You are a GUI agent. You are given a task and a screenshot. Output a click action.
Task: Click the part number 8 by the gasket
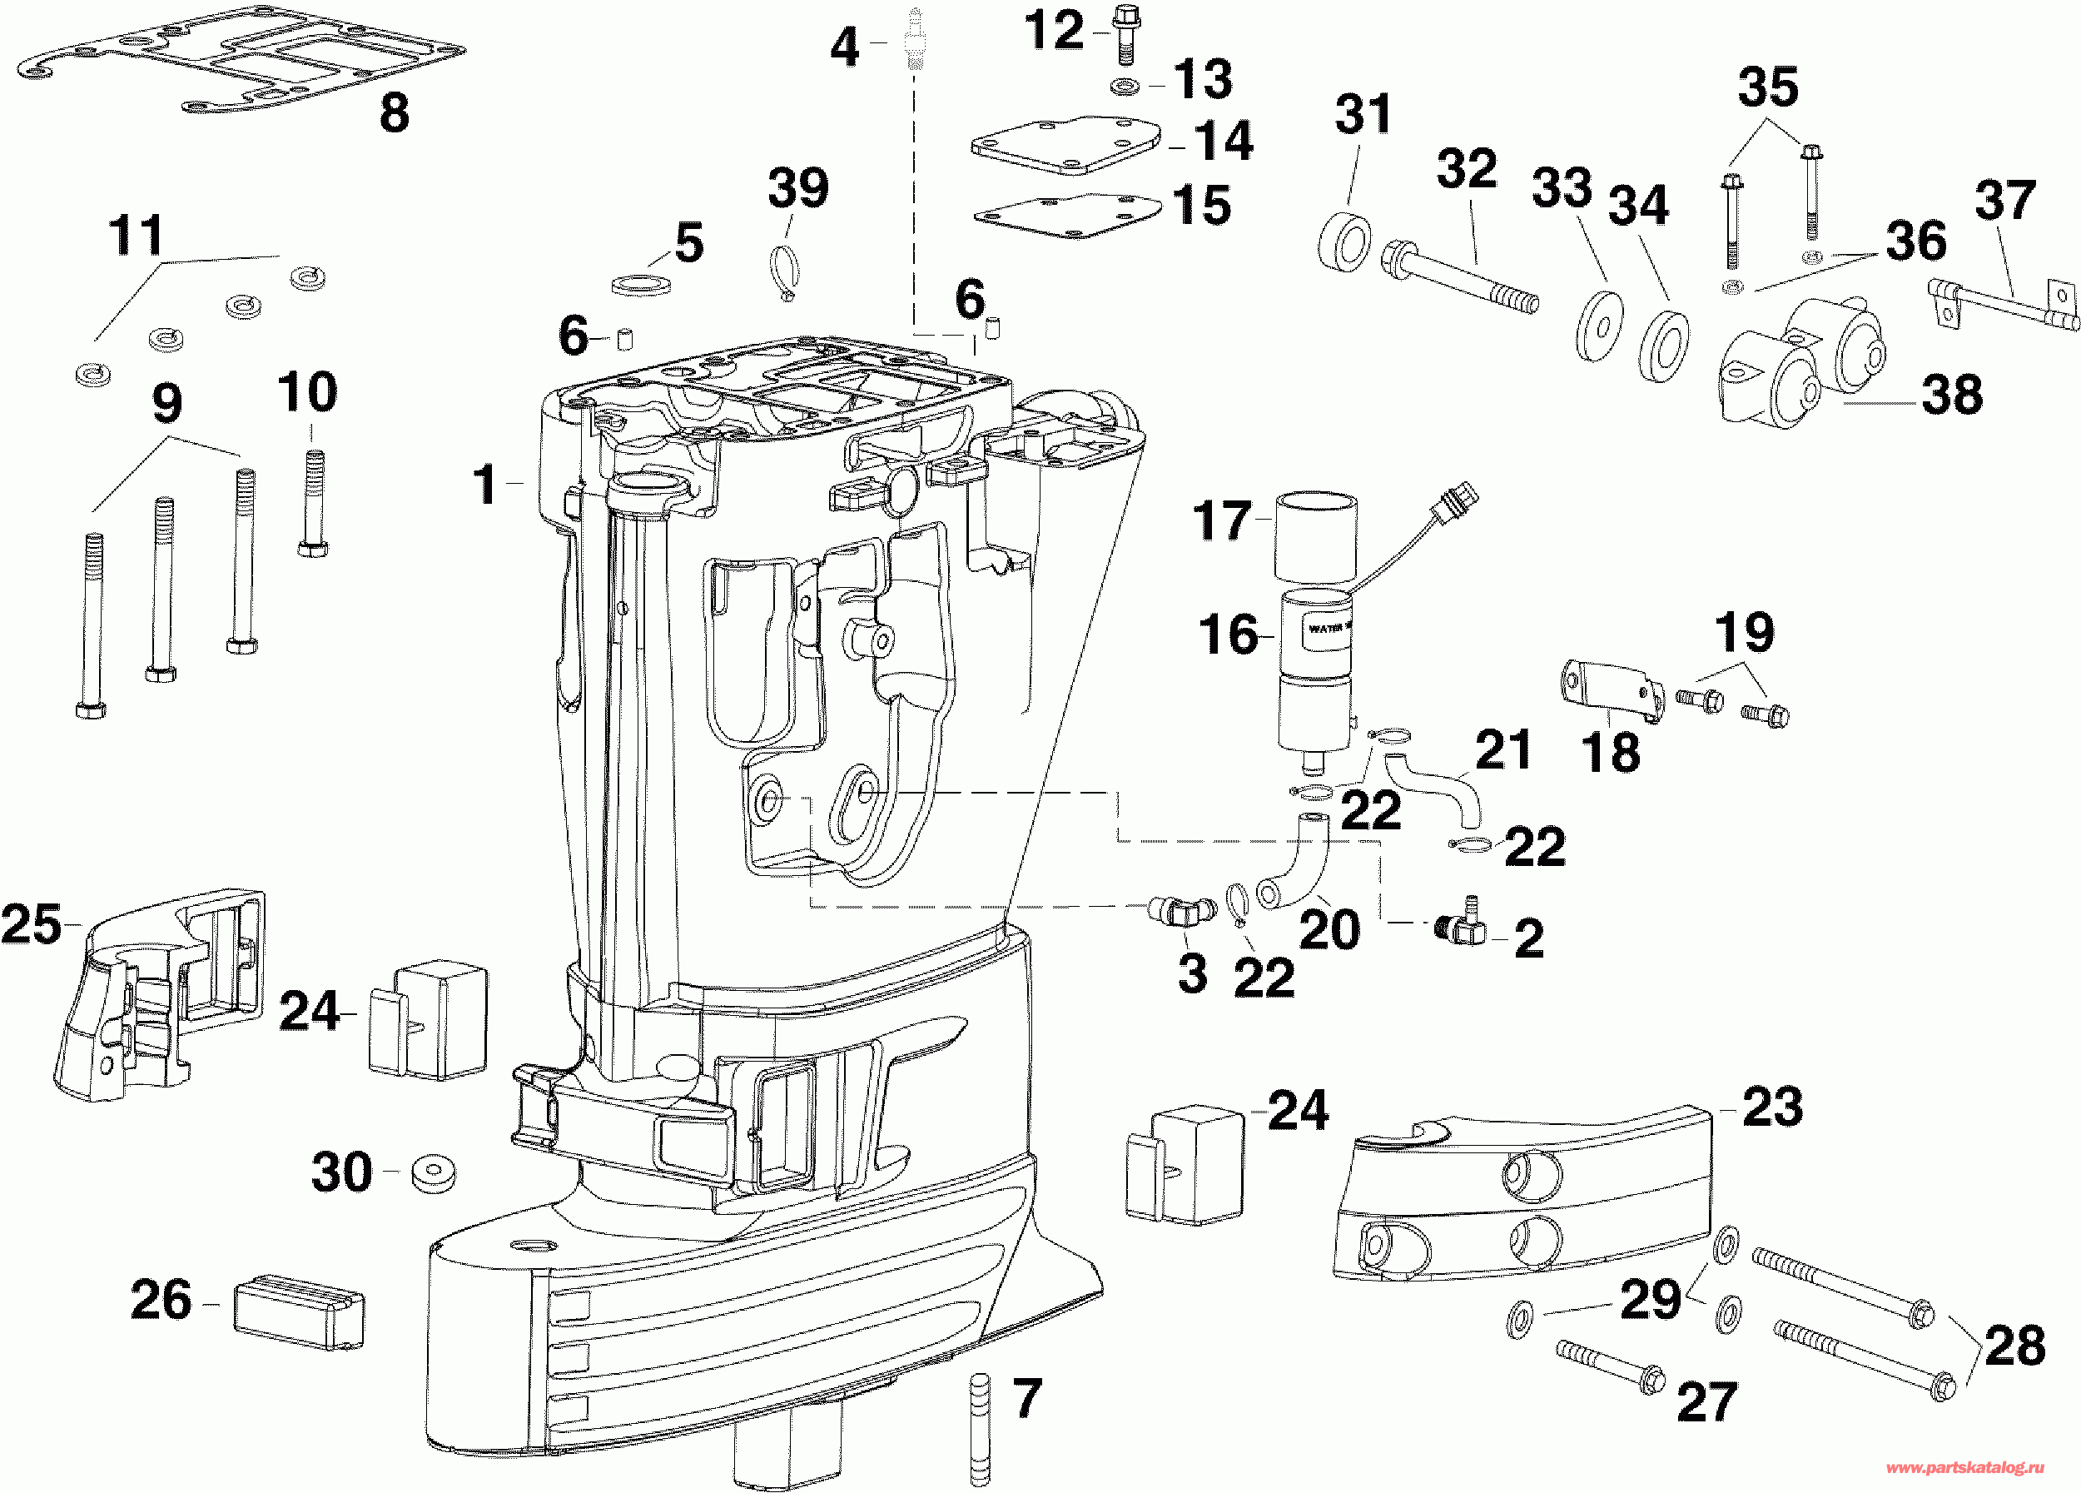[395, 113]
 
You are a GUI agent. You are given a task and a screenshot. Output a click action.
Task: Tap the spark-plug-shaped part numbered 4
[915, 38]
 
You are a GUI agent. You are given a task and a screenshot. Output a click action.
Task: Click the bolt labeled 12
[1125, 35]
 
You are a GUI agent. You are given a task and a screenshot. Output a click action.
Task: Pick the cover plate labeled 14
[1065, 144]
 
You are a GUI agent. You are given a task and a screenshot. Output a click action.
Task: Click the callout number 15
[1202, 205]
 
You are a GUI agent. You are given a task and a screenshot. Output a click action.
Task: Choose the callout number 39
[797, 188]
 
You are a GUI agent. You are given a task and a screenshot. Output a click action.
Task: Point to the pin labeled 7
[980, 1429]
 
